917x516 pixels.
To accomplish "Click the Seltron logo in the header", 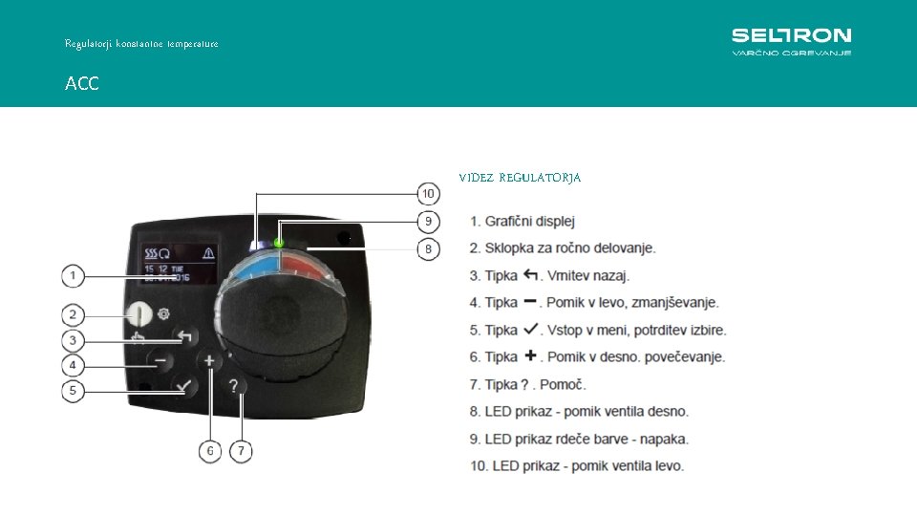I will coord(791,41).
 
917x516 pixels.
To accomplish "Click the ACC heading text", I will coord(81,84).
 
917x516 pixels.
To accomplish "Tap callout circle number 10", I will coord(429,194).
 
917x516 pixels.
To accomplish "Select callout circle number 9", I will coord(429,222).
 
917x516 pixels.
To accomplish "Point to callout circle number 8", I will coord(429,249).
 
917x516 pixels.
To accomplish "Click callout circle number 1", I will coord(74,277).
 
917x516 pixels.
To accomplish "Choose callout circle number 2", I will coord(74,314).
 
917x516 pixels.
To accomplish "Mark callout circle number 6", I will coord(210,450).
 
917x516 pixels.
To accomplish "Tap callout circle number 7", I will coord(242,450).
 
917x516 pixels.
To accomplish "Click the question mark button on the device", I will coord(235,387).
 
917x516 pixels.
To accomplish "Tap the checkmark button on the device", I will coord(184,386).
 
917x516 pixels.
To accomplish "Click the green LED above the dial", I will coord(279,243).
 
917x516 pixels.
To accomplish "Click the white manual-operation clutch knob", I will coord(140,312).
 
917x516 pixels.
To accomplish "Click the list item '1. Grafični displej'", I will coord(522,222).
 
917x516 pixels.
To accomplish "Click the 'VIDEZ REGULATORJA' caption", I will coord(520,178).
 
